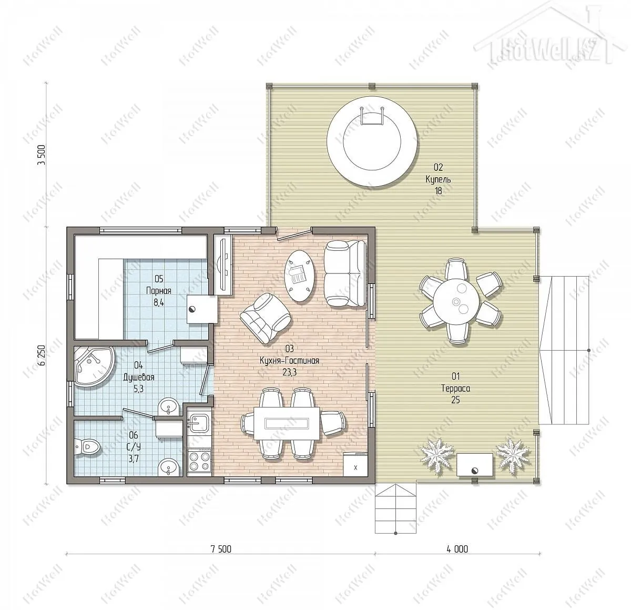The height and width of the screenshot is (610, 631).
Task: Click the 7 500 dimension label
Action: [221, 550]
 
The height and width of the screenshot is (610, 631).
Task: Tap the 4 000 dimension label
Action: [457, 550]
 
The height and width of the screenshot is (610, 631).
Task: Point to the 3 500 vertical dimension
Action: [42, 155]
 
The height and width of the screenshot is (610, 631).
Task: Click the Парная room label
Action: [159, 291]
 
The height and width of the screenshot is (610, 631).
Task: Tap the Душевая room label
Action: [139, 377]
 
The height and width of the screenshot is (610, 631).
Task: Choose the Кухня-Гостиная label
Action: [289, 361]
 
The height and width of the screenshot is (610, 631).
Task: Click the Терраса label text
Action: [455, 388]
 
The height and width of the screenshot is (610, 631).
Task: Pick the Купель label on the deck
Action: [438, 179]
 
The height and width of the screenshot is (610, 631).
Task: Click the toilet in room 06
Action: [87, 447]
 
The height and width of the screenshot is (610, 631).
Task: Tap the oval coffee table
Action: [300, 276]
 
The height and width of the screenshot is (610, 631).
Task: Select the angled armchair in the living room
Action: [265, 318]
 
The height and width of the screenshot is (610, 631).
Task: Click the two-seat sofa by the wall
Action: [345, 273]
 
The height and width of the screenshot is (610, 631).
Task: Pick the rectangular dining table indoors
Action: [287, 423]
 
